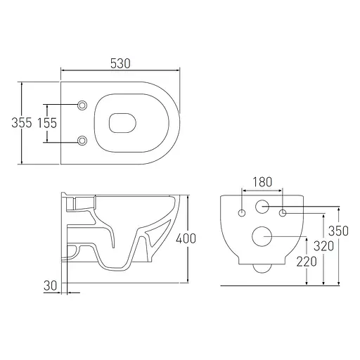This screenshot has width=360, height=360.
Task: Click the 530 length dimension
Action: [120, 63]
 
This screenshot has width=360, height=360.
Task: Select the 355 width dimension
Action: [22, 123]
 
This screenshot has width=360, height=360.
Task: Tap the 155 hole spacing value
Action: [47, 123]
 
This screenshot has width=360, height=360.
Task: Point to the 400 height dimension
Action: [186, 238]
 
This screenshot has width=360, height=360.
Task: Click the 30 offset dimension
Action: [51, 285]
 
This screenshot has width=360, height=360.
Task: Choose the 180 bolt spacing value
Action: [262, 182]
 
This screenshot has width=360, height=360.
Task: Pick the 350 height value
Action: [338, 231]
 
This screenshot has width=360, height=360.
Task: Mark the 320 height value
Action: [323, 246]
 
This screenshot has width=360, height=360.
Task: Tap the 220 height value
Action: [307, 262]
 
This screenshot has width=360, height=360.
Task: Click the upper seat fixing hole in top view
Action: [82, 105]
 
